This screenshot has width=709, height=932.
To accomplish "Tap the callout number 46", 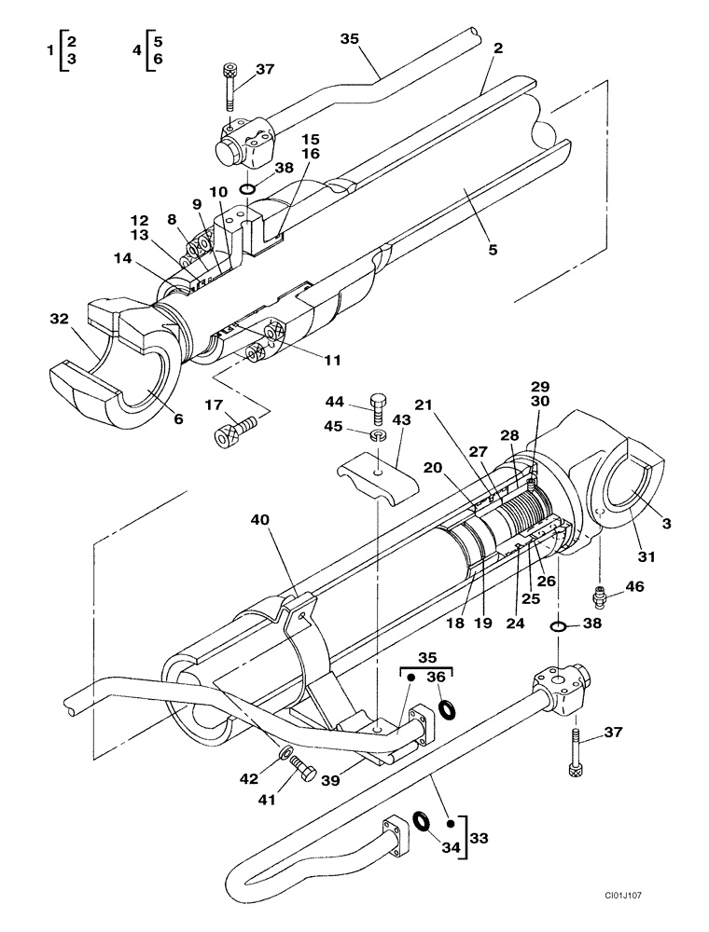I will pyautogui.click(x=634, y=587).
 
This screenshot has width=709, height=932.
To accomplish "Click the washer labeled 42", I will pyautogui.click(x=283, y=751).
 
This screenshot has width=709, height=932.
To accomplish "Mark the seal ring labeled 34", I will pyautogui.click(x=420, y=821).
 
